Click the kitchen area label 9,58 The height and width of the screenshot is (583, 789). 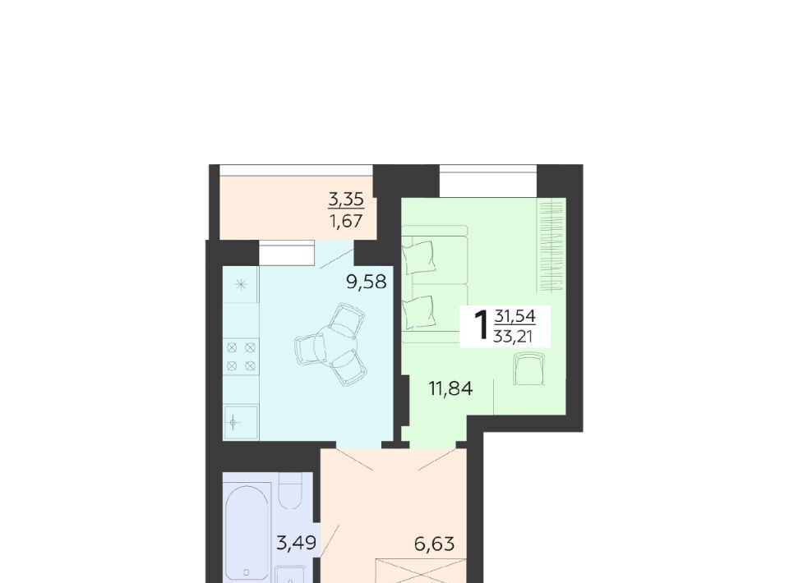coord(367,282)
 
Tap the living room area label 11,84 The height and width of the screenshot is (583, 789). coord(451,388)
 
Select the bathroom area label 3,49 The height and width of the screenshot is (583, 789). coord(297,543)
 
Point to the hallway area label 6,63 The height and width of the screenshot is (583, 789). coord(435,544)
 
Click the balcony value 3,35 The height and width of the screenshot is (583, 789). coord(346,200)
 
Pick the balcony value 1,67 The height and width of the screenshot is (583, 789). coord(346,220)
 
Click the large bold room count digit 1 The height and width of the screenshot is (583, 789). coord(482,325)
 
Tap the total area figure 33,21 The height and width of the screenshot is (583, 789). coord(513,336)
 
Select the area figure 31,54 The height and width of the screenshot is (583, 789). coord(514,317)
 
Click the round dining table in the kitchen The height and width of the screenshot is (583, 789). coord(330,344)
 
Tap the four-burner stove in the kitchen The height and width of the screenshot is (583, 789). coord(241,356)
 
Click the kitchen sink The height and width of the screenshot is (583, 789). coord(241,422)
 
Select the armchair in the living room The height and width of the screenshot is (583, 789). coord(529,369)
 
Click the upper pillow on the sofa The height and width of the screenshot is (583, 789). coord(418,255)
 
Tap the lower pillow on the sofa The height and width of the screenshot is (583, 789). coord(418,311)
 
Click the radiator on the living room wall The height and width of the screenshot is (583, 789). coord(551,246)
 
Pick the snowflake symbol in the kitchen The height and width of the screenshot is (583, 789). coord(241,284)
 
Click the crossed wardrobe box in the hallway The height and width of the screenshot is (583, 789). coord(422,571)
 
